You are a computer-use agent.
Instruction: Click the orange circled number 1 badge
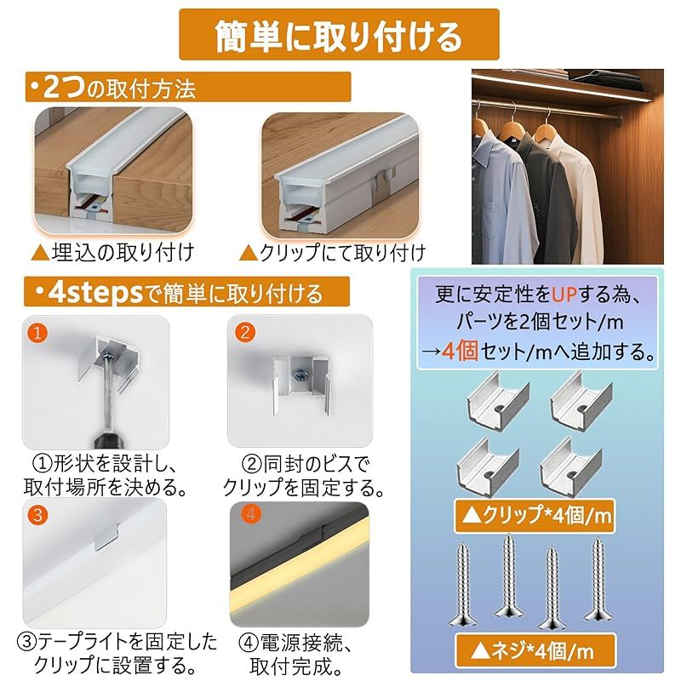[37, 333]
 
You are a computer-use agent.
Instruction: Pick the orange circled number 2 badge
[245, 332]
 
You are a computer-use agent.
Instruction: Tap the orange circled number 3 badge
[37, 515]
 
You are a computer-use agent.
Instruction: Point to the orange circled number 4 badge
[250, 514]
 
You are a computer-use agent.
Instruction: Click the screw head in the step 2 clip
[300, 375]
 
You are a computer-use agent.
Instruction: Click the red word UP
[564, 295]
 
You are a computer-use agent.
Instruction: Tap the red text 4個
[460, 351]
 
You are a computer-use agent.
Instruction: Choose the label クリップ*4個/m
[535, 516]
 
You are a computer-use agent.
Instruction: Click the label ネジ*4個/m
[535, 651]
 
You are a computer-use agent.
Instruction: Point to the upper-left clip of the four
[498, 398]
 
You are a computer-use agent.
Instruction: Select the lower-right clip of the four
[570, 466]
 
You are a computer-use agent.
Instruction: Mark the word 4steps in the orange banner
[95, 293]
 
